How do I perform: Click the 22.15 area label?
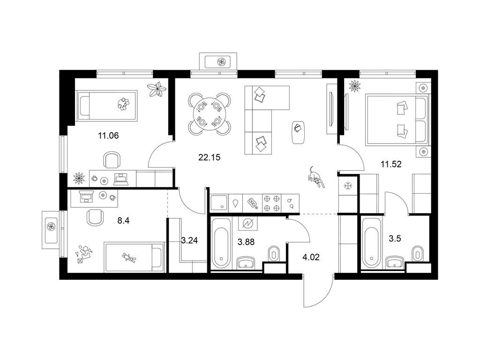pos(210,157)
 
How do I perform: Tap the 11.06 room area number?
pos(108,135)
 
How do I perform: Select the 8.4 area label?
pos(124,220)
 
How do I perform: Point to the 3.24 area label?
pos(189,240)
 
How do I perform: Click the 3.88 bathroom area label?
pos(246,242)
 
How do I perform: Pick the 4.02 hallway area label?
pos(311,257)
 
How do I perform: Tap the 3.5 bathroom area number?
pos(395,239)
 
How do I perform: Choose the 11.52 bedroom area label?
pos(391,165)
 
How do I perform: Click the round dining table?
pos(209,114)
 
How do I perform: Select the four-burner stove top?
pos(272,203)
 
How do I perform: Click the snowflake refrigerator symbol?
pos(348,186)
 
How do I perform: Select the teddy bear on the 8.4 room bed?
pos(129,257)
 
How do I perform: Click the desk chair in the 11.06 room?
pos(112,160)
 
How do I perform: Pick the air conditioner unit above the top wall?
pos(218,61)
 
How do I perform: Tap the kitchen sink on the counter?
pos(219,203)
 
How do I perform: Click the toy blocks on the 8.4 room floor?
pos(84,253)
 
